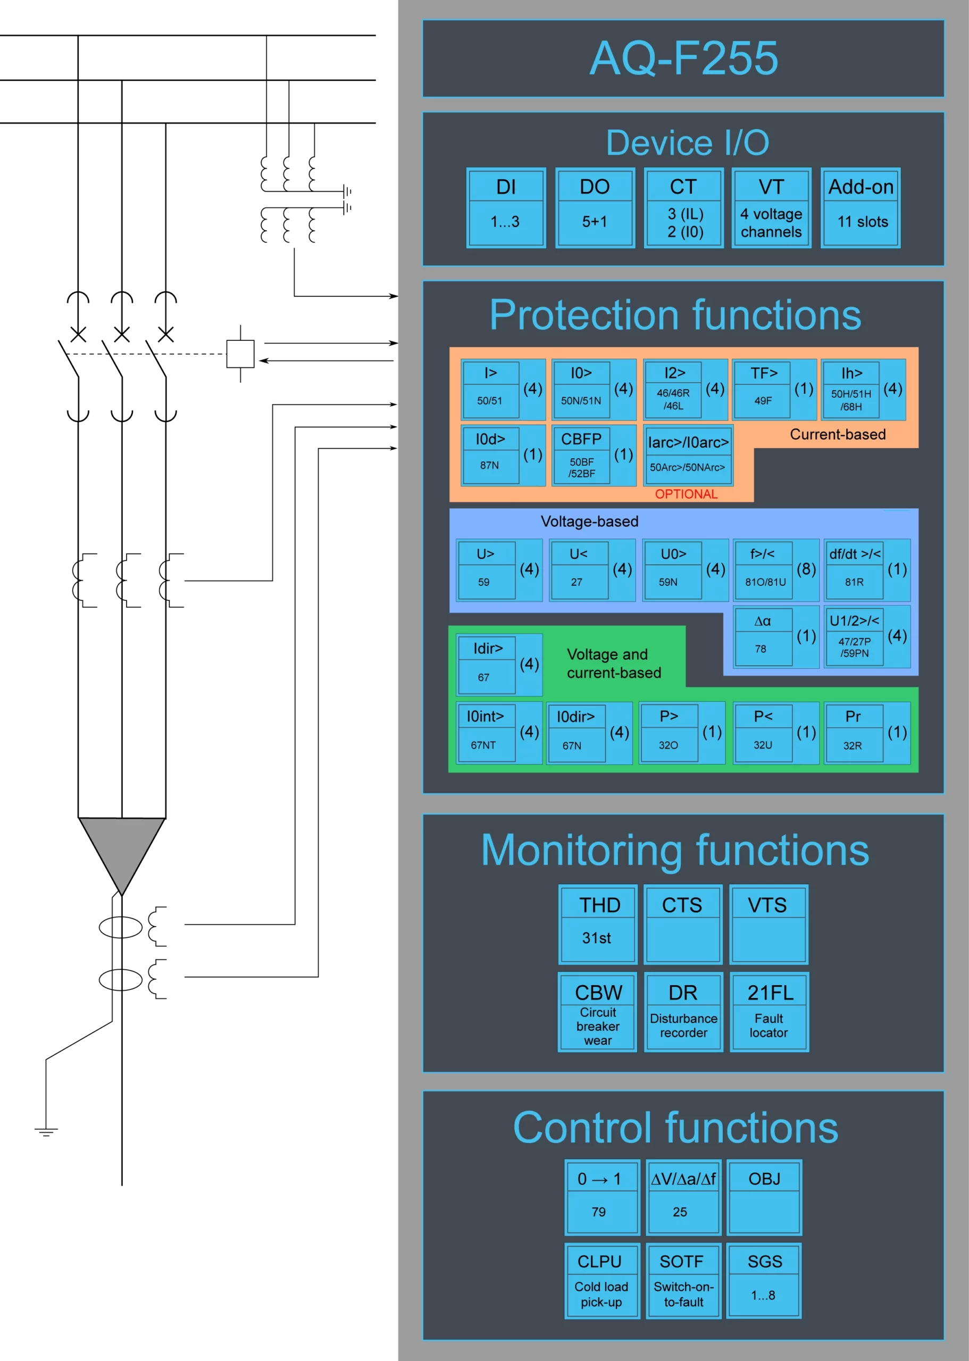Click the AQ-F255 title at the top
pos(683,58)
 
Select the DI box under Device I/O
pos(505,207)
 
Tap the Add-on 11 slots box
pos(861,207)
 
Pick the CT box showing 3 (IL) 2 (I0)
pos(683,207)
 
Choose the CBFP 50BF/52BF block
pos(581,455)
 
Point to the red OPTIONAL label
pos(686,494)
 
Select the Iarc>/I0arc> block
pos(688,455)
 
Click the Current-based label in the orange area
pos(837,434)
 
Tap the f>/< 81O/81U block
pos(764,569)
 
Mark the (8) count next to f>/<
pos(806,569)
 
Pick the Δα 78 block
pos(763,636)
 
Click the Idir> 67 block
pos(487,664)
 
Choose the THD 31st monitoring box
pos(598,924)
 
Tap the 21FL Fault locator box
pos(769,1012)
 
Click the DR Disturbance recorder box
pos(683,1012)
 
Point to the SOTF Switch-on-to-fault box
pos(683,1281)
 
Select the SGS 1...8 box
pos(764,1281)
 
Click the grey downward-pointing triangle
pos(122,850)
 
